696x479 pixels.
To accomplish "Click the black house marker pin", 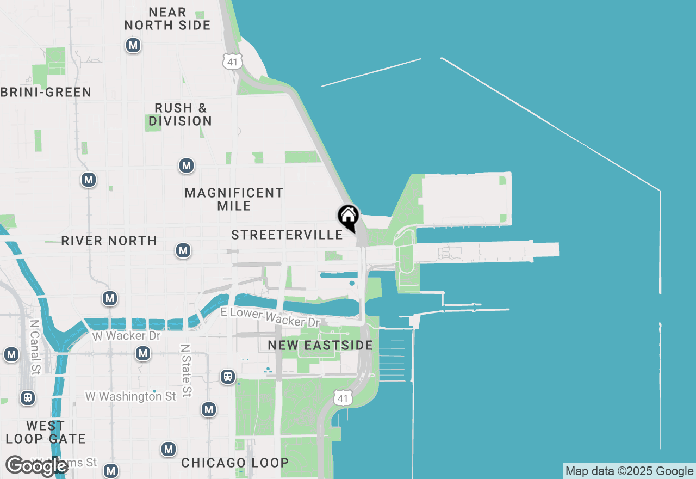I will pyautogui.click(x=348, y=217).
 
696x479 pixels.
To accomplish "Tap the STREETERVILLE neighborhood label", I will pyautogui.click(x=287, y=235).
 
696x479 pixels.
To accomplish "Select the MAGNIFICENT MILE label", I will pyautogui.click(x=234, y=199).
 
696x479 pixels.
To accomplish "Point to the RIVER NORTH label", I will pyautogui.click(x=109, y=241).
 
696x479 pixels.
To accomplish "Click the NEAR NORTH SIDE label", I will pyautogui.click(x=167, y=19).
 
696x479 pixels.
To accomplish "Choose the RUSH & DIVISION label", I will pyautogui.click(x=181, y=114).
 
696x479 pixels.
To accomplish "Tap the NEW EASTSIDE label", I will pyautogui.click(x=320, y=345).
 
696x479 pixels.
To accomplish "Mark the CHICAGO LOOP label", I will pyautogui.click(x=235, y=463).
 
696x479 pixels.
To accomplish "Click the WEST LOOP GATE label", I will pyautogui.click(x=46, y=432).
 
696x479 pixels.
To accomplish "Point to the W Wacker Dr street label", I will pyautogui.click(x=126, y=336).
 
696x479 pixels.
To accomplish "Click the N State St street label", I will pyautogui.click(x=187, y=370).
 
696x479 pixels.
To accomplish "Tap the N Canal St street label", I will pyautogui.click(x=35, y=347).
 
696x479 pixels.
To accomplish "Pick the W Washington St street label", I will pyautogui.click(x=130, y=396).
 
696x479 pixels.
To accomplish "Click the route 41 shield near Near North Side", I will pyautogui.click(x=233, y=62).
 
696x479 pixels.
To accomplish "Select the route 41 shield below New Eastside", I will pyautogui.click(x=342, y=398).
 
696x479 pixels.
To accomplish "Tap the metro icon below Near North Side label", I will pyautogui.click(x=133, y=45).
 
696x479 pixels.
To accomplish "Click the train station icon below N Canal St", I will pyautogui.click(x=28, y=398).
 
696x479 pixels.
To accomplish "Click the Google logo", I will pyautogui.click(x=37, y=466).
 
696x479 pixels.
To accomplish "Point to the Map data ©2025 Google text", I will pyautogui.click(x=629, y=471).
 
